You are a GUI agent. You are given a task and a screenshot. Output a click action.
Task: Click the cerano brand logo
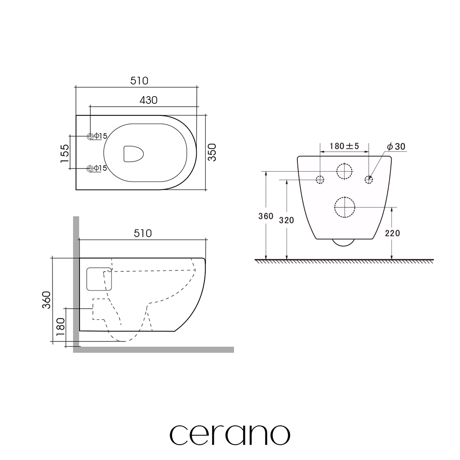[x=230, y=435]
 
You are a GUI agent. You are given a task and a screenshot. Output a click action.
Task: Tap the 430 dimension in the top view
[x=148, y=100]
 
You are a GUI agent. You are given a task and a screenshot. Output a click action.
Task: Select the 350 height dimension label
[x=212, y=152]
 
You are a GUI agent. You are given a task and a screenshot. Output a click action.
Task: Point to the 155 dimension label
[x=65, y=154]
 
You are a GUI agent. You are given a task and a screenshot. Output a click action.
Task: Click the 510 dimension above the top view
[x=139, y=81]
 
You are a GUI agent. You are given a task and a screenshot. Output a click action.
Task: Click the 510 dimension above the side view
[x=143, y=233]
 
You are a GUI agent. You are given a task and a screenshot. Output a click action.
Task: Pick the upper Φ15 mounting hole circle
[x=90, y=136]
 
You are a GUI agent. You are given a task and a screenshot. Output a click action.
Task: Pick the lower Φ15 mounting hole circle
[x=90, y=168]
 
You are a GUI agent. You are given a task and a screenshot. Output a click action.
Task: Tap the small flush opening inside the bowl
[x=133, y=154]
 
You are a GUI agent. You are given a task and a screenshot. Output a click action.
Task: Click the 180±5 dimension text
[x=344, y=146]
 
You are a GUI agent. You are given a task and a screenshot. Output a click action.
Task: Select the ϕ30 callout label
[x=396, y=146]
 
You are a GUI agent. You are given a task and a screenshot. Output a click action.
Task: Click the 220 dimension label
[x=393, y=233]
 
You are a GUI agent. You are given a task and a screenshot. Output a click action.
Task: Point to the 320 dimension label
[x=286, y=220]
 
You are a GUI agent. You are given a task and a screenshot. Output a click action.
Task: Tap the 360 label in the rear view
[x=266, y=216]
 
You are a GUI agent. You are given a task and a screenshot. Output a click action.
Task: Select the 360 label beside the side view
[x=46, y=300]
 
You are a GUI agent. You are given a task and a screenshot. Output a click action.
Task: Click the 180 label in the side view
[x=60, y=327]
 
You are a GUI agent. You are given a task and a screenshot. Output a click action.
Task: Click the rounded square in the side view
[x=87, y=279]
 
